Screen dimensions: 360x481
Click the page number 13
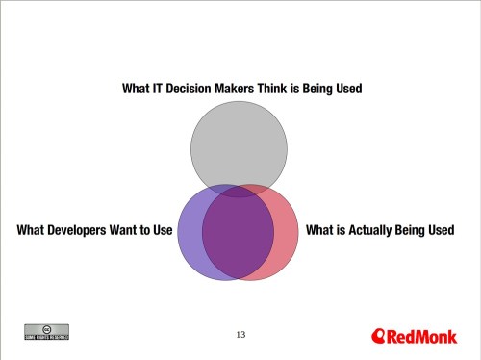coord(240,334)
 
